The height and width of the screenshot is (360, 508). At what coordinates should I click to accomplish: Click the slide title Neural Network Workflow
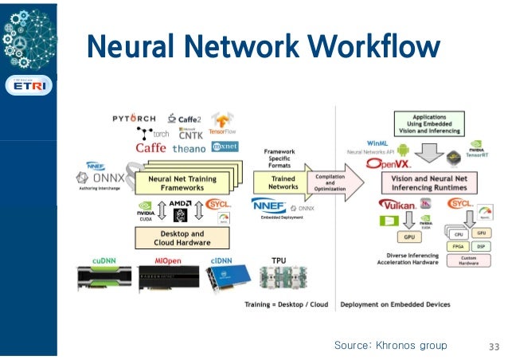tap(263, 46)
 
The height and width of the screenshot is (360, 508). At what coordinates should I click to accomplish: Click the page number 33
tap(493, 346)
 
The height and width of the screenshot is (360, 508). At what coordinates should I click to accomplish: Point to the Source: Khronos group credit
tap(390, 346)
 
